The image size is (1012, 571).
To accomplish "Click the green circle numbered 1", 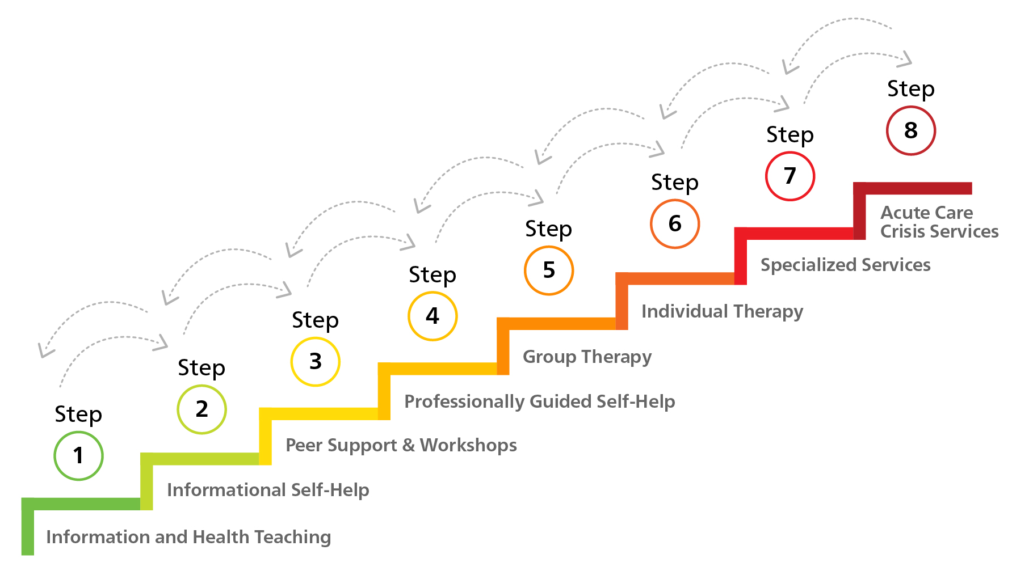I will tap(78, 456).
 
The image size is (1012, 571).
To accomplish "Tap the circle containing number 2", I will tap(201, 409).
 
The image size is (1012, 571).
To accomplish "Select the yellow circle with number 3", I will tap(315, 362).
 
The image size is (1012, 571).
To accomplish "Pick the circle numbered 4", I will tap(432, 316).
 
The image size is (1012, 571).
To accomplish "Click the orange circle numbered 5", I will tap(548, 270).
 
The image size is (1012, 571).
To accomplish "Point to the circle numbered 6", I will tap(674, 224).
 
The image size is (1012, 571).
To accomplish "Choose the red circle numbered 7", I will tap(790, 176).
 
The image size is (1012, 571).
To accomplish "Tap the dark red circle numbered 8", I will tap(910, 131).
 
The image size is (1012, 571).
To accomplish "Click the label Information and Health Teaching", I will tap(188, 537).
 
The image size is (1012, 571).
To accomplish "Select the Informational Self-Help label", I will tap(268, 490).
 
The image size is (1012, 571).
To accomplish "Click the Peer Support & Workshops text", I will tap(401, 445).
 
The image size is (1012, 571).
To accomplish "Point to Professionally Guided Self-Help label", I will tap(539, 401).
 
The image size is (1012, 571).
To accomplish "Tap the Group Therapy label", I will tap(587, 357).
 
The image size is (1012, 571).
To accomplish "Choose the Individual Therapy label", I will tap(722, 311).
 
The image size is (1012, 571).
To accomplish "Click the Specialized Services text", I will tap(845, 265).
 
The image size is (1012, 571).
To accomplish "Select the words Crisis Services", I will tap(939, 231).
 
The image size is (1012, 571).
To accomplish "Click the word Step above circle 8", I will tap(910, 89).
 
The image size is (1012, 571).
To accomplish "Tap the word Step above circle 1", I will tap(78, 414).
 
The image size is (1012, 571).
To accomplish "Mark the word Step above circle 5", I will tap(548, 229).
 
